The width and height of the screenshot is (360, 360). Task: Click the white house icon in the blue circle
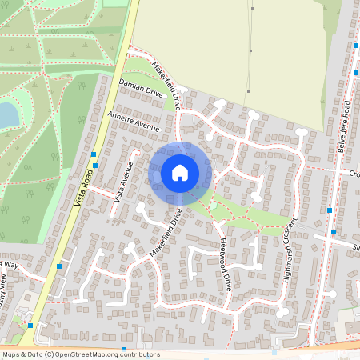pos(180,173)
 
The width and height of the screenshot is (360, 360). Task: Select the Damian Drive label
pos(141,88)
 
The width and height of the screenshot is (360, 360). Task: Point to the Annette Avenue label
pos(133,121)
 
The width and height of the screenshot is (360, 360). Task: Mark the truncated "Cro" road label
pos(354,173)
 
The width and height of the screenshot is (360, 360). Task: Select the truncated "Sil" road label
pos(356,248)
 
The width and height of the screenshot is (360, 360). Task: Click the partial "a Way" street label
pos(9,264)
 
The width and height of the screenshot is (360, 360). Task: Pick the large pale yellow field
pos(232,48)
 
